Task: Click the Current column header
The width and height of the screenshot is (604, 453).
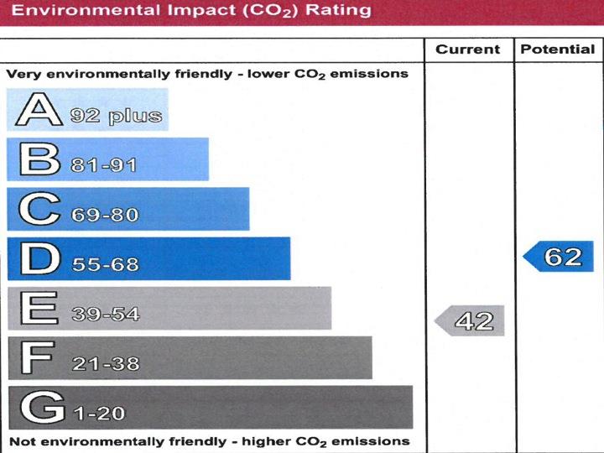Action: (467, 49)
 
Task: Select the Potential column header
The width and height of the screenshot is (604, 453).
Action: (557, 49)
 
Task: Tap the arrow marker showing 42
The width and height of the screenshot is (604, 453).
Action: (470, 320)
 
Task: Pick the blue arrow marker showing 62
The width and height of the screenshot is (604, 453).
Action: (559, 257)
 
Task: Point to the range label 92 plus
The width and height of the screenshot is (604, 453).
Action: (116, 116)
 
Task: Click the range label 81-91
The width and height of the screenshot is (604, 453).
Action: (104, 165)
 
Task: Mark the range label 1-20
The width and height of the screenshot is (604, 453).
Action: (99, 414)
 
